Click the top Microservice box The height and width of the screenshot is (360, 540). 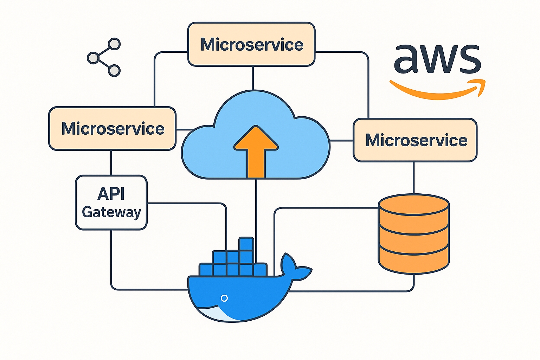coord(251,44)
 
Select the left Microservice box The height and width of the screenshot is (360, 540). coord(112,128)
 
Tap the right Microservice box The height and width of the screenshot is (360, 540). coord(415,140)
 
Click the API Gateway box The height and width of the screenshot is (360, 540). coord(111,202)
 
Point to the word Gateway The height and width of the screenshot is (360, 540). coord(111,212)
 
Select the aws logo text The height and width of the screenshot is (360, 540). coord(437,59)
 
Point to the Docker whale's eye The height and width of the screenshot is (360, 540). coord(224,298)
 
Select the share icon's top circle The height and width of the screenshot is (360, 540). coord(114,44)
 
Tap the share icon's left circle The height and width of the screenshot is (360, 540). coord(93,58)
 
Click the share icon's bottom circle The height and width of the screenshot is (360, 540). coord(114,70)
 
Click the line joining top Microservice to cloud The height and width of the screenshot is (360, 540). coord(253,78)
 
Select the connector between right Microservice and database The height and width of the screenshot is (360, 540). coord(414,178)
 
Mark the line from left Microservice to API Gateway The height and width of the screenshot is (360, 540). coord(111,163)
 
